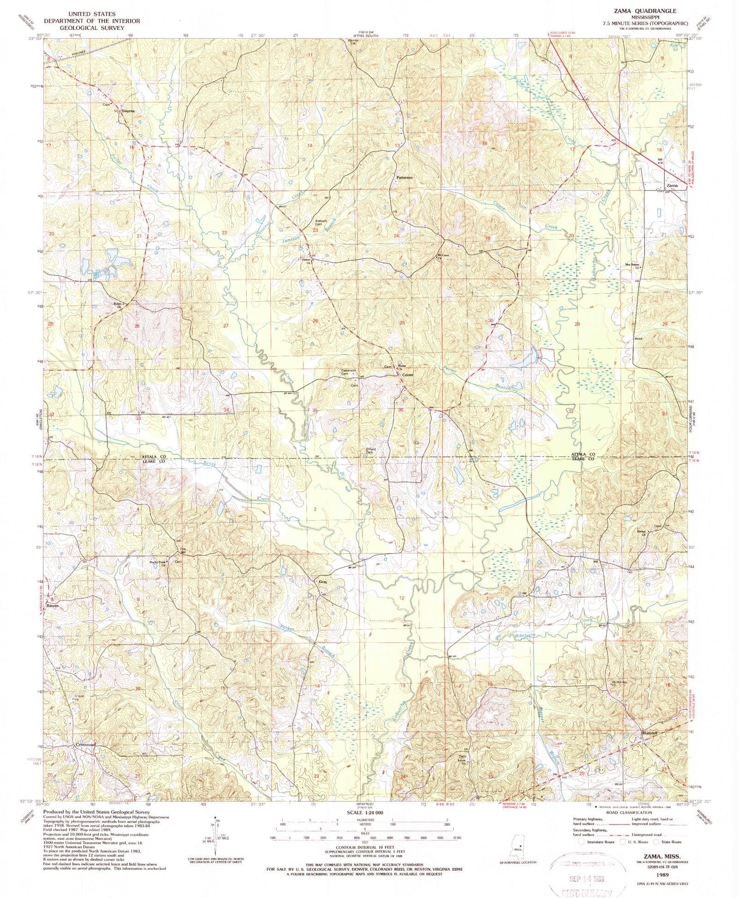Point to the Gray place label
click(x=323, y=582)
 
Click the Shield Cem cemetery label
click(x=370, y=451)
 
